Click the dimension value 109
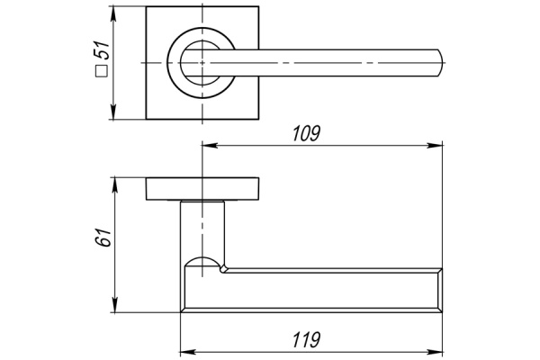(307, 133)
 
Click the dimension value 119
(307, 338)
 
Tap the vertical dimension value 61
(103, 238)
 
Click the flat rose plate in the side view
(203, 189)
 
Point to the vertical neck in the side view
(202, 229)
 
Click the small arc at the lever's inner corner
(203, 262)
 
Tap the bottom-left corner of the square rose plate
(147, 118)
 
